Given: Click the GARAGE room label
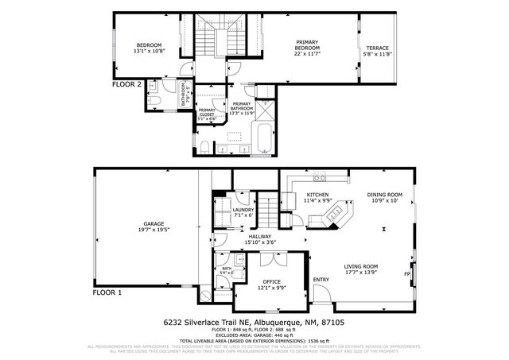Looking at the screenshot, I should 153,223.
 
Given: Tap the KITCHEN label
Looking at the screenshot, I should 318,195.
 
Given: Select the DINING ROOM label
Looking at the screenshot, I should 384,195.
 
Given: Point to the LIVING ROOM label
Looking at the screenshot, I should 360,266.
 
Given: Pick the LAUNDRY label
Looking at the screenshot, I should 243,209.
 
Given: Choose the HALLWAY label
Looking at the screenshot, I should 260,235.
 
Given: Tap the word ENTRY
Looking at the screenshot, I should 321,279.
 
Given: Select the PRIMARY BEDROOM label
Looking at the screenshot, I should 307,45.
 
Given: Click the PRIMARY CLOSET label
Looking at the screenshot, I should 207,112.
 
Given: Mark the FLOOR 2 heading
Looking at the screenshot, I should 126,83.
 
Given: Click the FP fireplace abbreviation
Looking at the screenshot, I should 407,275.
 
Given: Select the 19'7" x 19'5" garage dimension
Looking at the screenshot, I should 153,229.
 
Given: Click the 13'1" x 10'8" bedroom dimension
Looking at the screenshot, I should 149,50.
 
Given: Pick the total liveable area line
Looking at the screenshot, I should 254,339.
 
